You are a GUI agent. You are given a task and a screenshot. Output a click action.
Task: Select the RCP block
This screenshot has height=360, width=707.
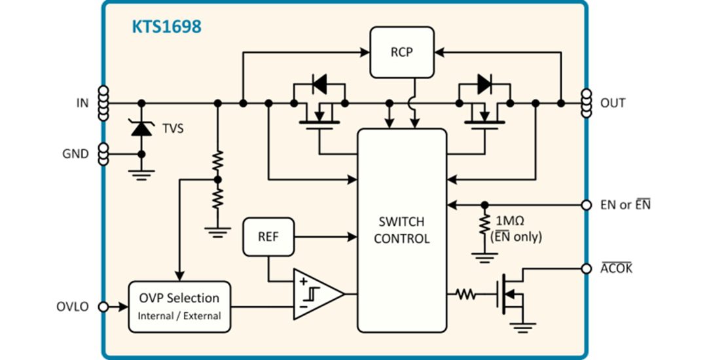[401, 52]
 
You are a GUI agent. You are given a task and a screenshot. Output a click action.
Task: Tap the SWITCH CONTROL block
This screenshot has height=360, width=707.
[401, 230]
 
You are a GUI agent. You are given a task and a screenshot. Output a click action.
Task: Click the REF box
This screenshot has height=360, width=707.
[268, 236]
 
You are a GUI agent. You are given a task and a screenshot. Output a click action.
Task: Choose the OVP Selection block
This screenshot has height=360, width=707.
[179, 306]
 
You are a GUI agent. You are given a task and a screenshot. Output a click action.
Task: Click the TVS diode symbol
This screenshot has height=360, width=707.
[141, 128]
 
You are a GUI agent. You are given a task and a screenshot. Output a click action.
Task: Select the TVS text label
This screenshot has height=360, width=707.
[173, 129]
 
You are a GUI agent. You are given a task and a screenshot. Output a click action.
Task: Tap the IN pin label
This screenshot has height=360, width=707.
[82, 103]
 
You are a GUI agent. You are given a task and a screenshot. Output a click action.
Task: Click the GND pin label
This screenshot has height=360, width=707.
[75, 154]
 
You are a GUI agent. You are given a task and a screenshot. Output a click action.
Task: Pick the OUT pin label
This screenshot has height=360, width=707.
[612, 103]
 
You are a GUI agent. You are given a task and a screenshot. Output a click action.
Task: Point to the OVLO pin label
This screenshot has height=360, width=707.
[73, 306]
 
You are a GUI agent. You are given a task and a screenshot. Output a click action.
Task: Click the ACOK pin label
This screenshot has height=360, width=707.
[616, 268]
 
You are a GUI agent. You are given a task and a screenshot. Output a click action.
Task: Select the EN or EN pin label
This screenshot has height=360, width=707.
[625, 205]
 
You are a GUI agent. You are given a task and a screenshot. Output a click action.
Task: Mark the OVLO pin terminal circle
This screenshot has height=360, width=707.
[102, 306]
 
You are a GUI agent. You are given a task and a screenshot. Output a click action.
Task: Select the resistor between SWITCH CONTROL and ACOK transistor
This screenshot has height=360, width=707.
[466, 295]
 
